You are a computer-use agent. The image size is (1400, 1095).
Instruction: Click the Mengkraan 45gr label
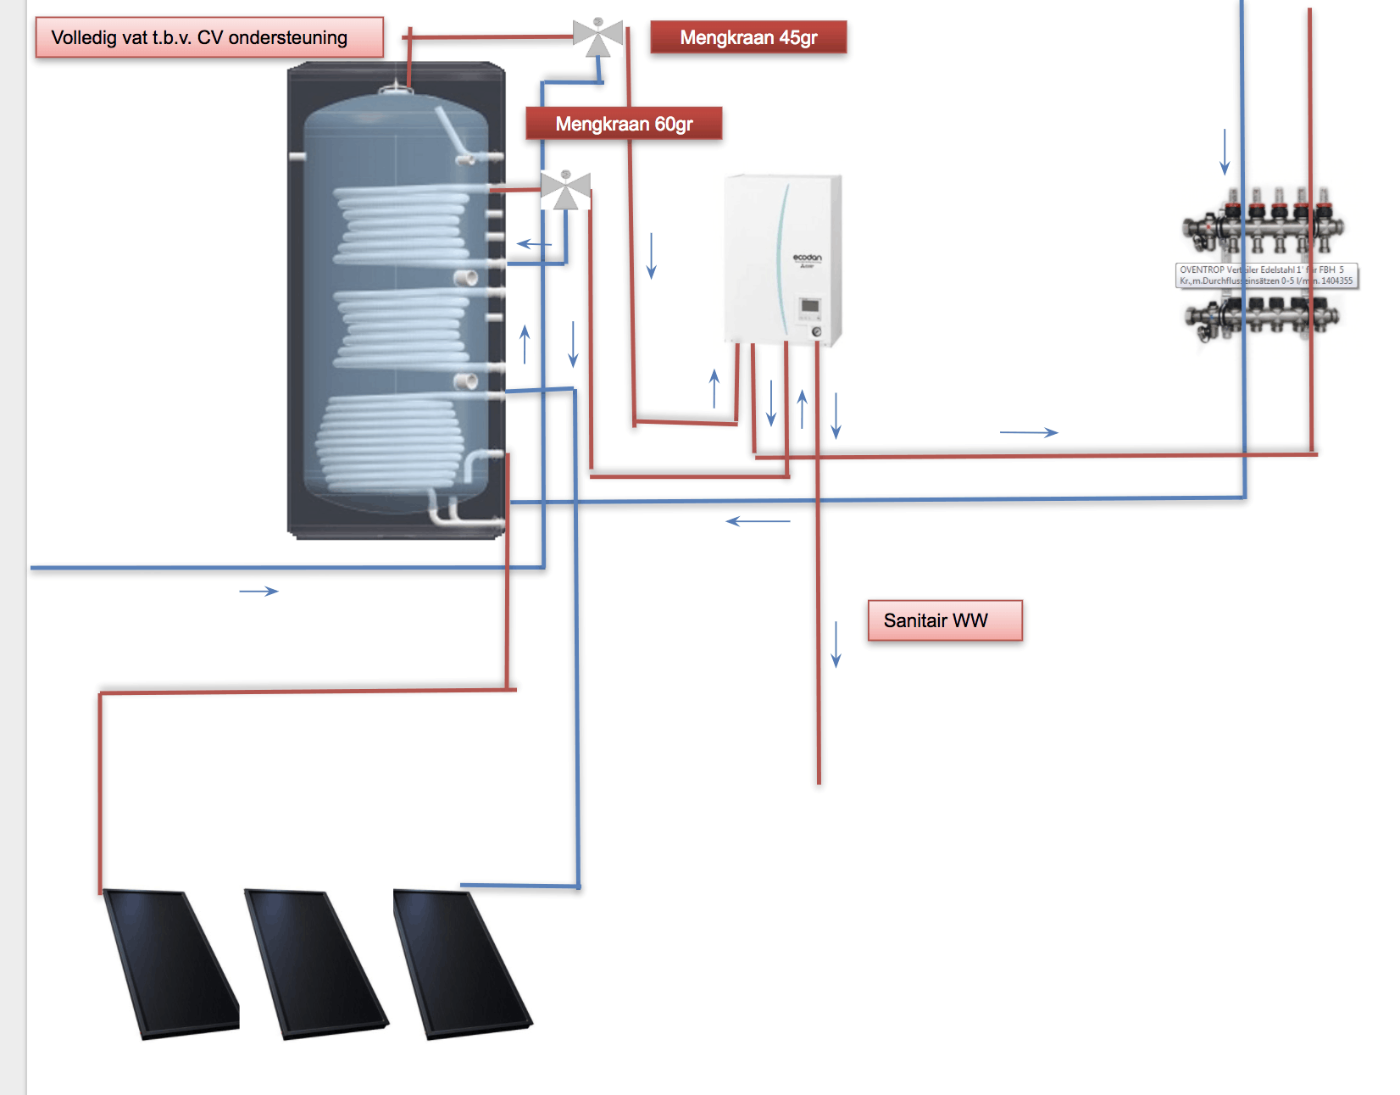pyautogui.click(x=748, y=37)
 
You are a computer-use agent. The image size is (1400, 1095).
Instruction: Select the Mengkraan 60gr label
pyautogui.click(x=624, y=124)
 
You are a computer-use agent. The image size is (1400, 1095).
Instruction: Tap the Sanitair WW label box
pyautogui.click(x=944, y=620)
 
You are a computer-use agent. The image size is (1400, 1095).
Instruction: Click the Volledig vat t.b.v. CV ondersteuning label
pyautogui.click(x=208, y=37)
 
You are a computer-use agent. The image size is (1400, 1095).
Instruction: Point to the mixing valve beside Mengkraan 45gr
pyautogui.click(x=598, y=36)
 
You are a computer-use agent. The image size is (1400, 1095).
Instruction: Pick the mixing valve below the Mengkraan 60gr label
pyautogui.click(x=565, y=190)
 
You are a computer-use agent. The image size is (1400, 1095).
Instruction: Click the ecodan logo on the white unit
pyautogui.click(x=807, y=258)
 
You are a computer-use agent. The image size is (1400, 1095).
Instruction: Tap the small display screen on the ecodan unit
pyautogui.click(x=809, y=306)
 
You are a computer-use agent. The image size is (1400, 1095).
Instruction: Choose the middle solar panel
pyautogui.click(x=315, y=963)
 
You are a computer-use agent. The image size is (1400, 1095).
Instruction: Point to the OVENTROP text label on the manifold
pyautogui.click(x=1266, y=275)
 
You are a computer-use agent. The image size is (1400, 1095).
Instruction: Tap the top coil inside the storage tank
pyautogui.click(x=403, y=225)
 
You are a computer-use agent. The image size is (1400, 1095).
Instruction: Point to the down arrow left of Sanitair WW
pyautogui.click(x=836, y=644)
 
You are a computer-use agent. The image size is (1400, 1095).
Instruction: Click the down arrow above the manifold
pyautogui.click(x=1225, y=152)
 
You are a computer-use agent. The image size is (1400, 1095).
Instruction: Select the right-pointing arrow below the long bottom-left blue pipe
pyautogui.click(x=258, y=591)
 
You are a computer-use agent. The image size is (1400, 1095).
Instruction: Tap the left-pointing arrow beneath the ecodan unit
pyautogui.click(x=758, y=521)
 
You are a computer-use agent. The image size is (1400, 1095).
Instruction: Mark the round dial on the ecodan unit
pyautogui.click(x=816, y=332)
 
